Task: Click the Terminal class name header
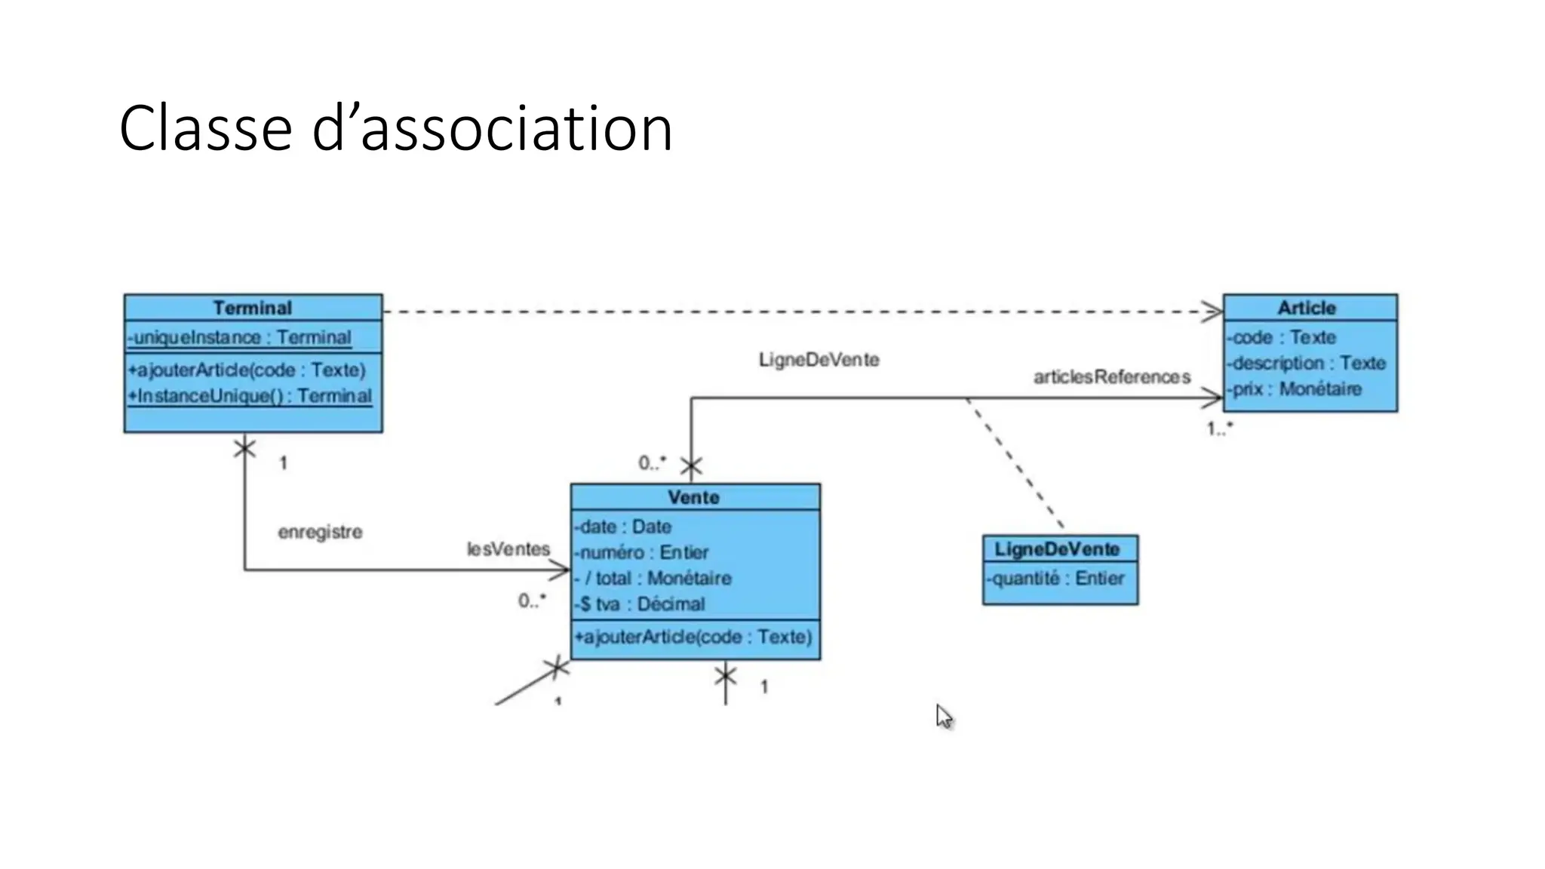click(x=252, y=308)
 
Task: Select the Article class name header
click(x=1307, y=308)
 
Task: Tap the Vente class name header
click(x=693, y=497)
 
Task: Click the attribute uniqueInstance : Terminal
click(x=240, y=337)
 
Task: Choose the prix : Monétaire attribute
click(x=1295, y=389)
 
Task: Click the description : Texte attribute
click(x=1307, y=363)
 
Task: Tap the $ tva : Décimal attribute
click(x=640, y=604)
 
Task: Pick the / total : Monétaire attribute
click(x=653, y=579)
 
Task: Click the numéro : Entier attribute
click(x=642, y=552)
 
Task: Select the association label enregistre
click(x=320, y=532)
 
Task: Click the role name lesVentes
click(x=508, y=549)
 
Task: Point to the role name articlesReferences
click(x=1112, y=376)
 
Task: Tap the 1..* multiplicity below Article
click(x=1219, y=428)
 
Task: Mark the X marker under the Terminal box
click(x=244, y=449)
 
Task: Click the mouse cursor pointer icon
click(x=944, y=717)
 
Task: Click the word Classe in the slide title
click(x=205, y=130)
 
